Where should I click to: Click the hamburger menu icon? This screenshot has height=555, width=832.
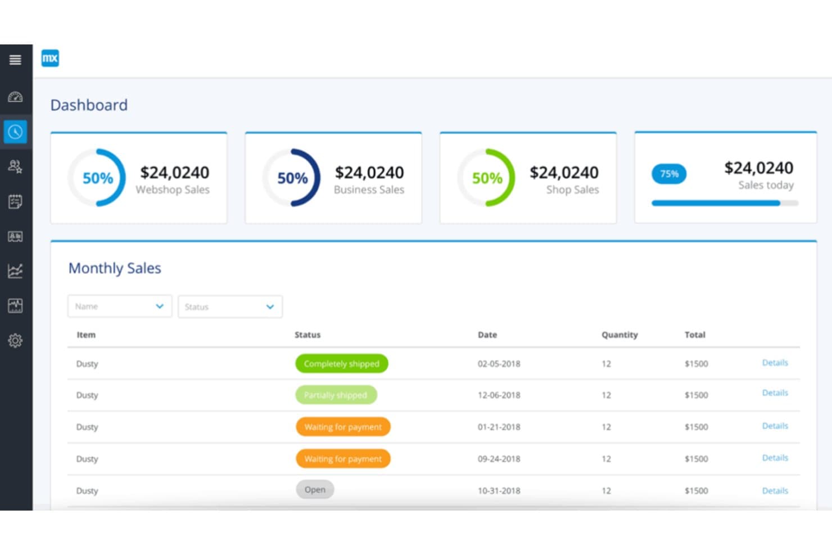[15, 60]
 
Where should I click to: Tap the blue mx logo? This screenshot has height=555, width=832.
[50, 58]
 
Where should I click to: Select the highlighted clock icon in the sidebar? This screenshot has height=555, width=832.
[15, 132]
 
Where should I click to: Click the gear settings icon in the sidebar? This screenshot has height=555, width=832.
[15, 340]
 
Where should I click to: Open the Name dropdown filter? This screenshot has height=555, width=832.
[120, 306]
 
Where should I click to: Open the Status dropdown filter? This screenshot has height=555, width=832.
[230, 307]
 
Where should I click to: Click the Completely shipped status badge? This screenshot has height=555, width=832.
[342, 364]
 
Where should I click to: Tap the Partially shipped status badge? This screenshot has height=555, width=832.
[336, 395]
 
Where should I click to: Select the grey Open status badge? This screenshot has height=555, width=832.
[315, 490]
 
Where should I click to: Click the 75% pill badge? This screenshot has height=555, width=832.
[669, 174]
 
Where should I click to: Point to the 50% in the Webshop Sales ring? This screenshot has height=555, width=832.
[98, 178]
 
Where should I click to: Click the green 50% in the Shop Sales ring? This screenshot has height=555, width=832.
[487, 178]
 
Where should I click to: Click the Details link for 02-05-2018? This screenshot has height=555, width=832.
[775, 363]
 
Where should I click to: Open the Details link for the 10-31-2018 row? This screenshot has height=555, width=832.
[775, 491]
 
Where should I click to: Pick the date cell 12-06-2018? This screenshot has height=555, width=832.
[499, 395]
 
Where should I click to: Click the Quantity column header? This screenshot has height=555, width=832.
[620, 335]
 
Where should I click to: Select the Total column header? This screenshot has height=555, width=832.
[695, 335]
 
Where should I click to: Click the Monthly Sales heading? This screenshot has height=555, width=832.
[115, 268]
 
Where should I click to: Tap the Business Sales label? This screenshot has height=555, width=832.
[369, 189]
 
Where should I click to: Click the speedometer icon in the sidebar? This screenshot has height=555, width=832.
[15, 97]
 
